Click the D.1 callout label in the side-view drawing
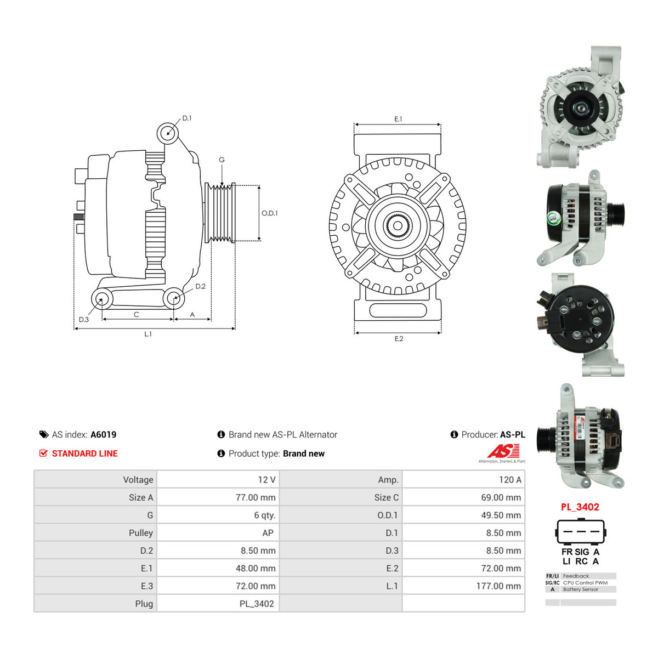point(187,118)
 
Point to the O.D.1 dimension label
point(269,213)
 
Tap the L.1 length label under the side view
point(148,334)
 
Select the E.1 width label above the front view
point(398,119)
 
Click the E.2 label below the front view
point(399,339)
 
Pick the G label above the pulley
point(222,160)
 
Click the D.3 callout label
point(84,319)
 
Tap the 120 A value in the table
point(510,480)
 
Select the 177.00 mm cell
point(498,586)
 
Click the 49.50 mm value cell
point(501,515)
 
